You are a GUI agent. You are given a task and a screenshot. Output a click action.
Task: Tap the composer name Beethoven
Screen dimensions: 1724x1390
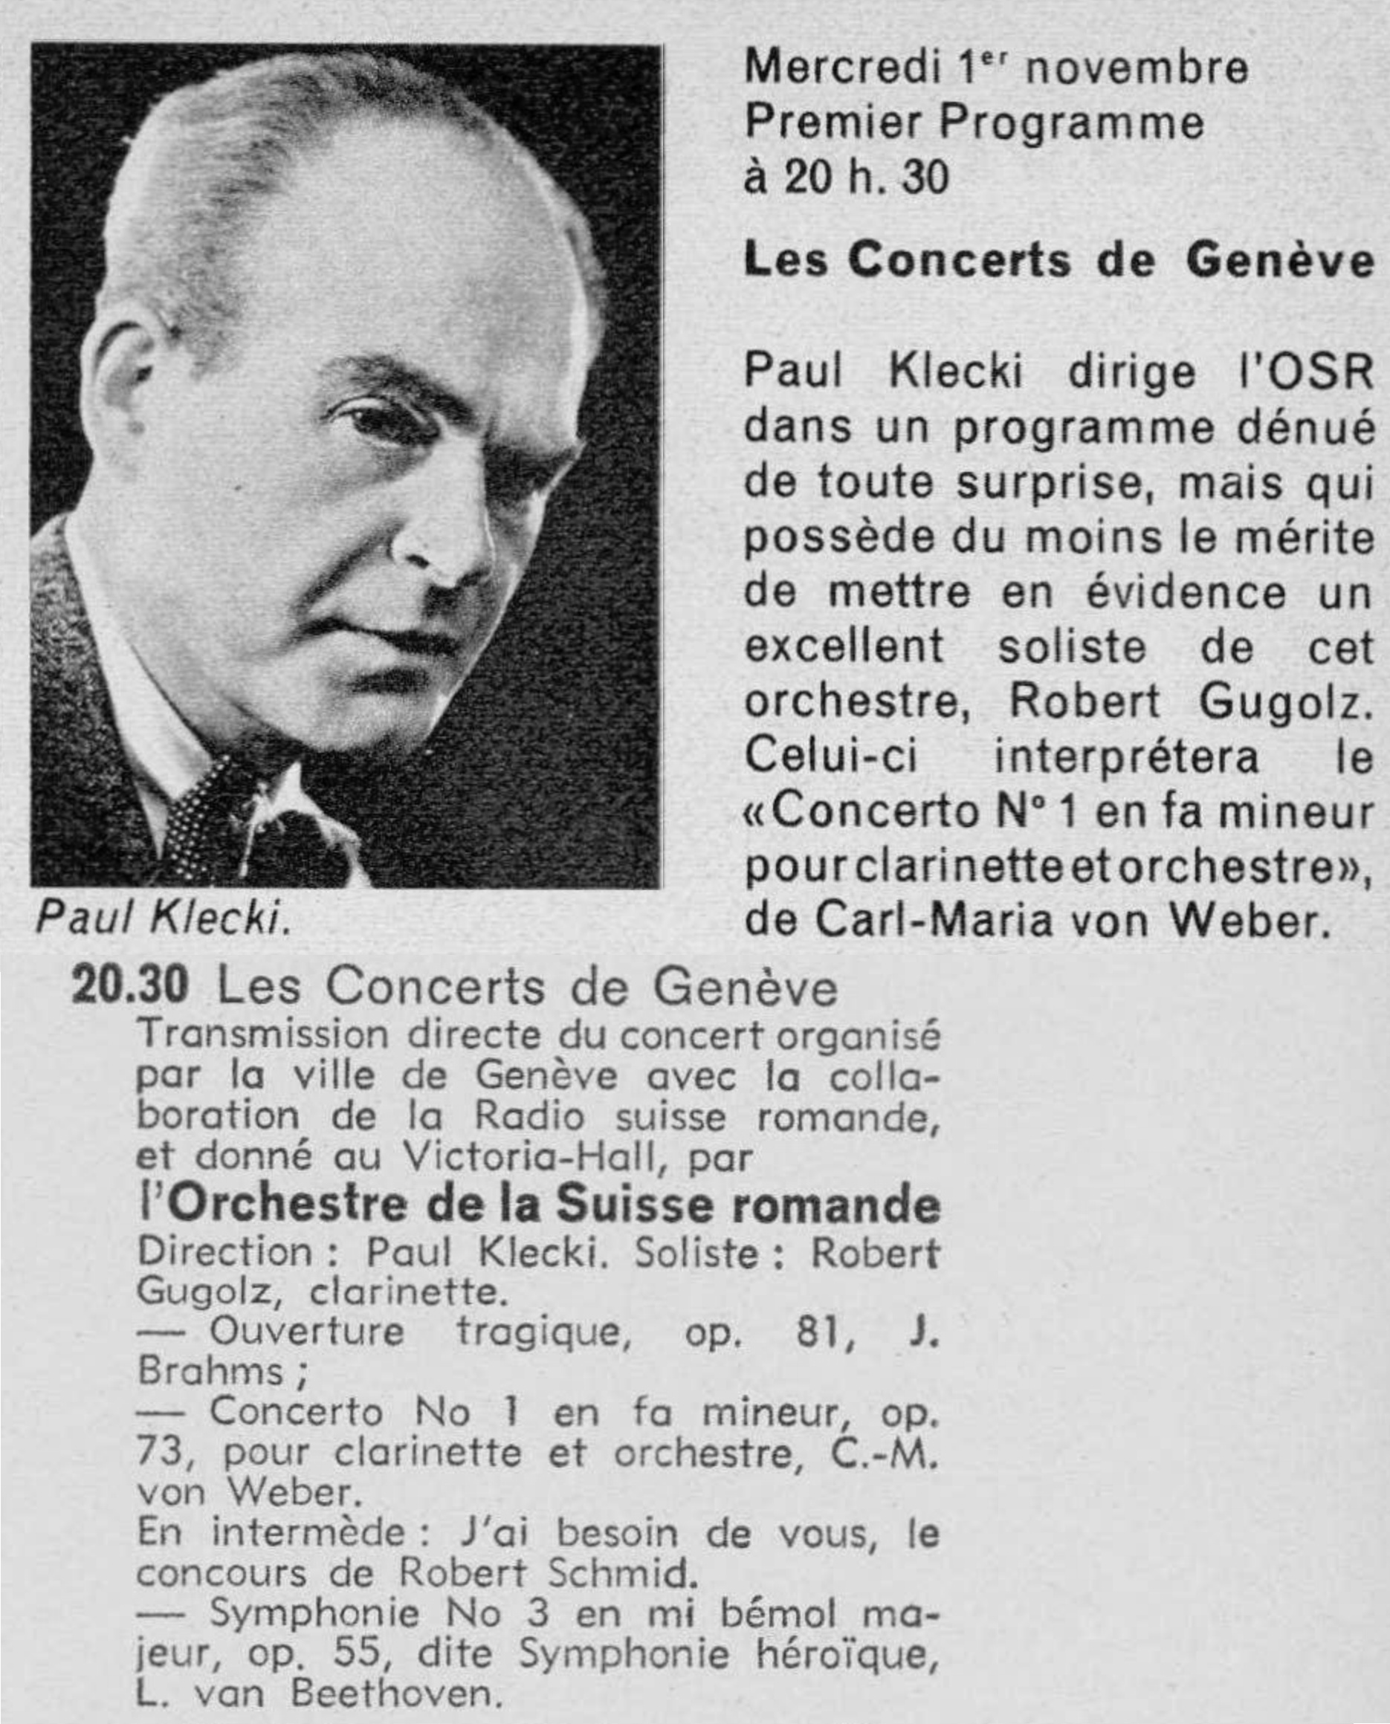coord(395,1693)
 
